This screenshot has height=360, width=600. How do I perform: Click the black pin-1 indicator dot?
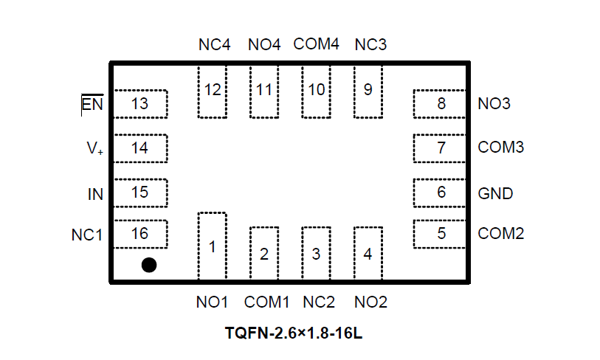point(149,265)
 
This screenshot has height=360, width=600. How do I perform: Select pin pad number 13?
point(139,104)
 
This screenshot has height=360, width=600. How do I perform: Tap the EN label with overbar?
point(92,104)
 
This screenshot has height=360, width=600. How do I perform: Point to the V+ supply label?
point(94,148)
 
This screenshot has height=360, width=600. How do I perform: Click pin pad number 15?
point(139,193)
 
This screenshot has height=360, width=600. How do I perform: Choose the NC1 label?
point(87,235)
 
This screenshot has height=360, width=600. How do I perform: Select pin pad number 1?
point(212,246)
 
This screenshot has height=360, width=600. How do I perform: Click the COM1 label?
point(266,302)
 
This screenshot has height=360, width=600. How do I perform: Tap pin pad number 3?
point(316,254)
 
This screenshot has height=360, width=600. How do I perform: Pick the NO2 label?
point(370,302)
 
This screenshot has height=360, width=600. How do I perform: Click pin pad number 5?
point(441,234)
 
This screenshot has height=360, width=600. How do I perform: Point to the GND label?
point(495,193)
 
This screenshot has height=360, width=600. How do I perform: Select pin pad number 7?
point(441,148)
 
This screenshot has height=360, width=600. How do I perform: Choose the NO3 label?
point(494,104)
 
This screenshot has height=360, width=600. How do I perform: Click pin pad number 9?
point(368,90)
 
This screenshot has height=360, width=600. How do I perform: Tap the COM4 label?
point(316,44)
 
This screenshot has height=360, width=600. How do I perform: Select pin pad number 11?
point(264,90)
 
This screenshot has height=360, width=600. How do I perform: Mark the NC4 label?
point(214,44)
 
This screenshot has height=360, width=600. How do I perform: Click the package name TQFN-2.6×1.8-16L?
point(294,333)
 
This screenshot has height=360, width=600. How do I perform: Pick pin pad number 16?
point(139,234)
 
